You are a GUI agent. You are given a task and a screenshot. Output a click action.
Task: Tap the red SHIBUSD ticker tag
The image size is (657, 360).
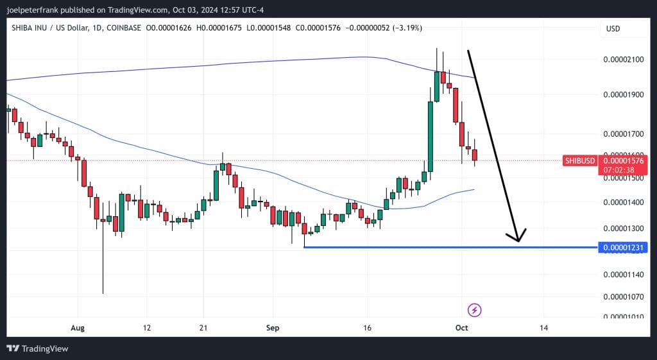(x=579, y=160)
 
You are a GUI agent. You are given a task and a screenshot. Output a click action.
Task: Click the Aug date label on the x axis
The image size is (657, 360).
(x=78, y=327)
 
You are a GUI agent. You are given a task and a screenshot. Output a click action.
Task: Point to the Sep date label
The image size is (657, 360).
(x=273, y=327)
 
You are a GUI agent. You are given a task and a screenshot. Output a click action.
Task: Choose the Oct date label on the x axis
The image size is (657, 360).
(x=461, y=327)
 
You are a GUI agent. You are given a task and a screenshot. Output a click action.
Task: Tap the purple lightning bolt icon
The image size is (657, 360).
(x=474, y=311)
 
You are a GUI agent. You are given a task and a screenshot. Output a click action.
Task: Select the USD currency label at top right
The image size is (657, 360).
(x=613, y=29)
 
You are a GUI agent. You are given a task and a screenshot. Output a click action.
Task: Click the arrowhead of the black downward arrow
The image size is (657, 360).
(x=518, y=239)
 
